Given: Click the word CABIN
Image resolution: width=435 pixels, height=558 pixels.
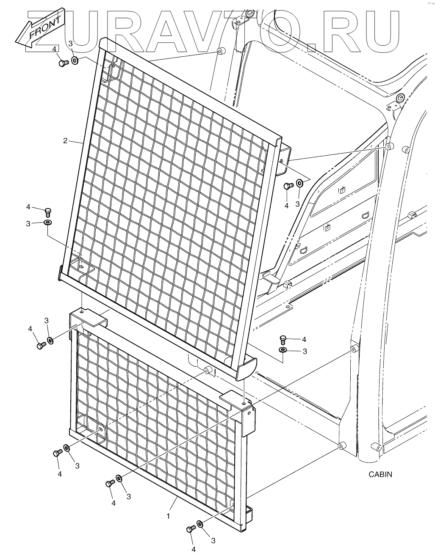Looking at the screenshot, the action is click(x=380, y=474).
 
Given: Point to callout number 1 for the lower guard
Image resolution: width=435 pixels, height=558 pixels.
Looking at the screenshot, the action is click(x=168, y=516).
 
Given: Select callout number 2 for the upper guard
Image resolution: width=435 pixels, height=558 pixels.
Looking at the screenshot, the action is click(x=65, y=140).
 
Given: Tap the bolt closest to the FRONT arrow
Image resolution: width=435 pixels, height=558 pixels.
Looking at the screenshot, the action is click(x=63, y=63).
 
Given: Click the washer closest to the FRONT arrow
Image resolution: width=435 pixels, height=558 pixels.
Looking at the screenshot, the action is click(x=75, y=60).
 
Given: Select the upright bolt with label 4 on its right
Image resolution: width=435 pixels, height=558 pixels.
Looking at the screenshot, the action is click(x=283, y=338).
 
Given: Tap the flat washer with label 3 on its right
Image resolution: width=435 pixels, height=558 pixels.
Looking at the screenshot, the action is click(x=283, y=350).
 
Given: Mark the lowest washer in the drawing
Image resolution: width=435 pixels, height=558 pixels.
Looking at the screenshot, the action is click(x=200, y=525).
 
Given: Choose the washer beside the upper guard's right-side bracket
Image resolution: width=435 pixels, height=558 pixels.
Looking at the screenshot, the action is click(x=299, y=183).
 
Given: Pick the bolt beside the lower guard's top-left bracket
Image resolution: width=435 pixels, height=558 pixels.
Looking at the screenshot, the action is click(x=41, y=346).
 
